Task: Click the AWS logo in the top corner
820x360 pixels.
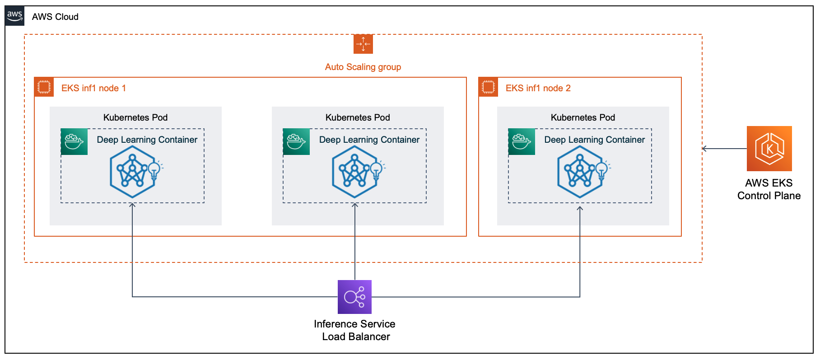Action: click(14, 16)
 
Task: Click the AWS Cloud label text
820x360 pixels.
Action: click(55, 17)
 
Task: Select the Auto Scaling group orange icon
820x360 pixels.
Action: click(363, 44)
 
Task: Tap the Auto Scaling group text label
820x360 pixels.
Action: click(363, 67)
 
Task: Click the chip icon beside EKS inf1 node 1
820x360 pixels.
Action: click(44, 87)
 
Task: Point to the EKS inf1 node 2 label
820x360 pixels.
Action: click(538, 88)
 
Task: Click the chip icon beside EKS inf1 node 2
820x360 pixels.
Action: click(488, 87)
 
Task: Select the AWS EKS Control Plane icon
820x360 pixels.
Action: click(769, 149)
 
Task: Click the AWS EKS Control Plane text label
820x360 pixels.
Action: click(769, 189)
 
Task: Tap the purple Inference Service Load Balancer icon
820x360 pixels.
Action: click(354, 297)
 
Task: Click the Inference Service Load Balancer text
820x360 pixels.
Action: click(355, 330)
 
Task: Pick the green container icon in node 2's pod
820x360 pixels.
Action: click(522, 142)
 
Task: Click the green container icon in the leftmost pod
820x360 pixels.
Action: click(74, 142)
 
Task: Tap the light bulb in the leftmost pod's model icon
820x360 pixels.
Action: click(154, 170)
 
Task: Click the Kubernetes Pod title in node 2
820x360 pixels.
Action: click(582, 117)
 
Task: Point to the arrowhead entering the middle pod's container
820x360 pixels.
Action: click(355, 205)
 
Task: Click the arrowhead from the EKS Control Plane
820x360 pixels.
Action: click(704, 149)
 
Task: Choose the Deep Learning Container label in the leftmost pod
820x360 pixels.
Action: click(147, 140)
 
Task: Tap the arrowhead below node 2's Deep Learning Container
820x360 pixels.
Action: click(580, 208)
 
